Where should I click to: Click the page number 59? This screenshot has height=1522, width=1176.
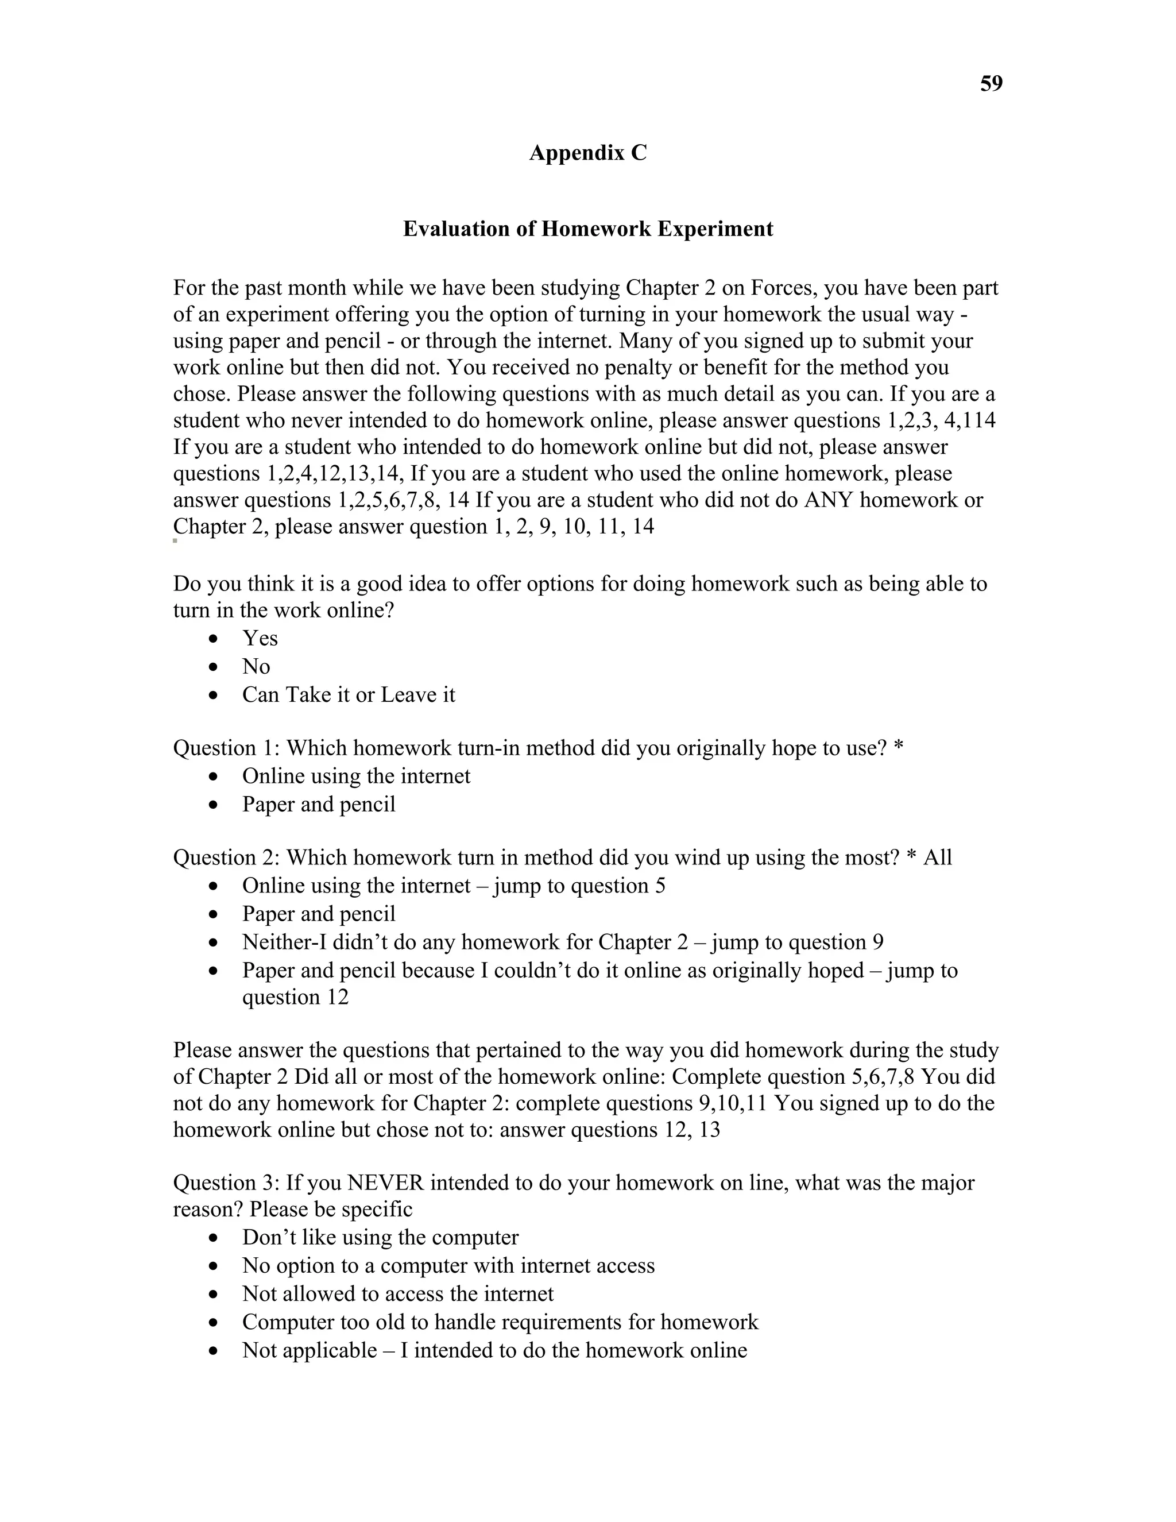(x=991, y=84)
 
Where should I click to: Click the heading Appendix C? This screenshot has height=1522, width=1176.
(x=587, y=153)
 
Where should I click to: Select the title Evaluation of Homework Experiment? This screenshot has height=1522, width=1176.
(x=587, y=229)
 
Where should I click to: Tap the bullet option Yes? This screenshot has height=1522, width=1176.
(x=260, y=638)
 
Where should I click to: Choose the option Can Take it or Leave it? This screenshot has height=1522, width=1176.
(x=349, y=695)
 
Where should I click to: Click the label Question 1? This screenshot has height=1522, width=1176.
(x=226, y=748)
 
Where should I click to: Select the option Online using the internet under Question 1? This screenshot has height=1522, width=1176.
(x=356, y=777)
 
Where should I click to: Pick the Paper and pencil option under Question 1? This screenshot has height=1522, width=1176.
(x=318, y=804)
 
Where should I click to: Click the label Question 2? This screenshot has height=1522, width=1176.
(x=226, y=858)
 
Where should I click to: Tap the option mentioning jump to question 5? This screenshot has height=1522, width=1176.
(x=453, y=886)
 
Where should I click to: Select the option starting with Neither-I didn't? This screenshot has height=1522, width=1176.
(x=562, y=942)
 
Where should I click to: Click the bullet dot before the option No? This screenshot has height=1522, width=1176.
(x=214, y=667)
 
